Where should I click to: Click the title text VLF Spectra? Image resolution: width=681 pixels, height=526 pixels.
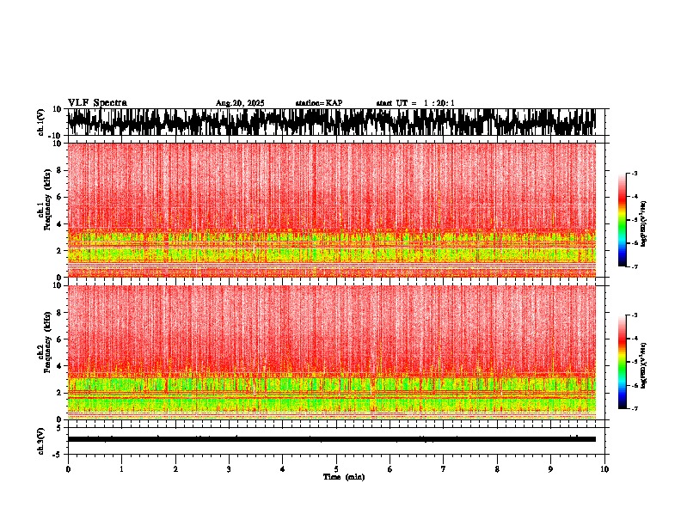coord(97,103)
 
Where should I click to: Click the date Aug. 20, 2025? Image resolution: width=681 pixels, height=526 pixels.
coord(240,103)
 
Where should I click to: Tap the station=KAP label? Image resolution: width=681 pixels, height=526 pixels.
coord(318,103)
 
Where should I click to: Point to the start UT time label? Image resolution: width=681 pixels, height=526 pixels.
coord(415,103)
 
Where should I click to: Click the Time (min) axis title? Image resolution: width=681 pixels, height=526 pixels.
coord(343,477)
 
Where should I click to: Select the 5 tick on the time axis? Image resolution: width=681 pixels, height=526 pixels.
coord(336,469)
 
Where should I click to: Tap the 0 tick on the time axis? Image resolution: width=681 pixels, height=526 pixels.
coord(68,469)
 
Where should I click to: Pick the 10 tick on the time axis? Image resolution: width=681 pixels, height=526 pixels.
coord(604,469)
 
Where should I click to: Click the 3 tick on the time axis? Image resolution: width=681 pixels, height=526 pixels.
coord(229,469)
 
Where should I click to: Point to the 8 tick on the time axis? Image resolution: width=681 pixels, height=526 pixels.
coord(497,469)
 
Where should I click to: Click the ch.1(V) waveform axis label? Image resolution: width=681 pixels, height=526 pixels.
coord(41,122)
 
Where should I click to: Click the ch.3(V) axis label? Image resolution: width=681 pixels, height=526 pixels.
coord(41,439)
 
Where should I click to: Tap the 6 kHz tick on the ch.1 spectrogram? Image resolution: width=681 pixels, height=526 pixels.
coord(59,197)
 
